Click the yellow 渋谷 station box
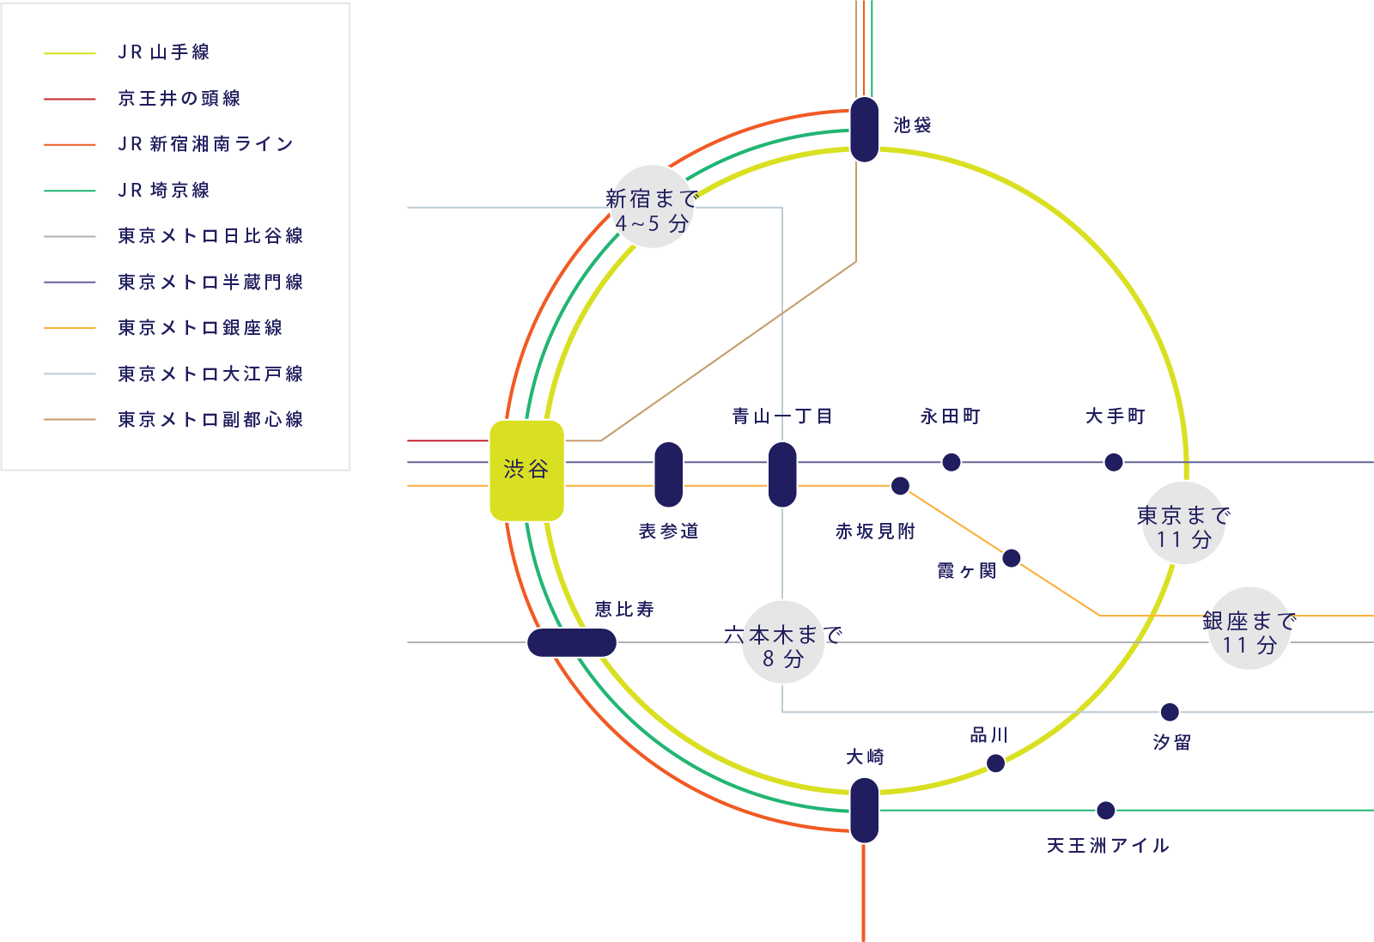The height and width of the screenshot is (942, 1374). [526, 470]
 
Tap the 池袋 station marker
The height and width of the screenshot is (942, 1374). [864, 129]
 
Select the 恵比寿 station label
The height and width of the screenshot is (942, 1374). [624, 610]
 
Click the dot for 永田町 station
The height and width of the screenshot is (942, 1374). [951, 463]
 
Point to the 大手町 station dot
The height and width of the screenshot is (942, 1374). [1114, 463]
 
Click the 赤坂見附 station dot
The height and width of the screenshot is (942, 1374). [900, 486]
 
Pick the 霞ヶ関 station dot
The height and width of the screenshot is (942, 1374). [1012, 558]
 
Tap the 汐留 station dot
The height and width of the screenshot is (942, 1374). [1170, 712]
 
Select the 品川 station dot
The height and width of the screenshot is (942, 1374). [995, 763]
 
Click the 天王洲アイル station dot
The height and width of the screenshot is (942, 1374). [1106, 811]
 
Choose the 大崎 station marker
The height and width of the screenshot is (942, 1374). [864, 810]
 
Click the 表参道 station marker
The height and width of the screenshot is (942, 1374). [668, 474]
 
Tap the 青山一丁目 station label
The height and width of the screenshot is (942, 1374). [782, 416]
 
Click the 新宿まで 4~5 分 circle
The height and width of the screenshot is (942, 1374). [652, 208]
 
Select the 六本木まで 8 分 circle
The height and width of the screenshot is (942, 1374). [782, 643]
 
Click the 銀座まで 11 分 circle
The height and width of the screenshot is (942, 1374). [1249, 629]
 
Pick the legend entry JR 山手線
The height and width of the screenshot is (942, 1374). [163, 52]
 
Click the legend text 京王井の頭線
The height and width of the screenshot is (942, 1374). [179, 99]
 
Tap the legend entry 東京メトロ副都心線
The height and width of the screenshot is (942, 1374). [210, 420]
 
